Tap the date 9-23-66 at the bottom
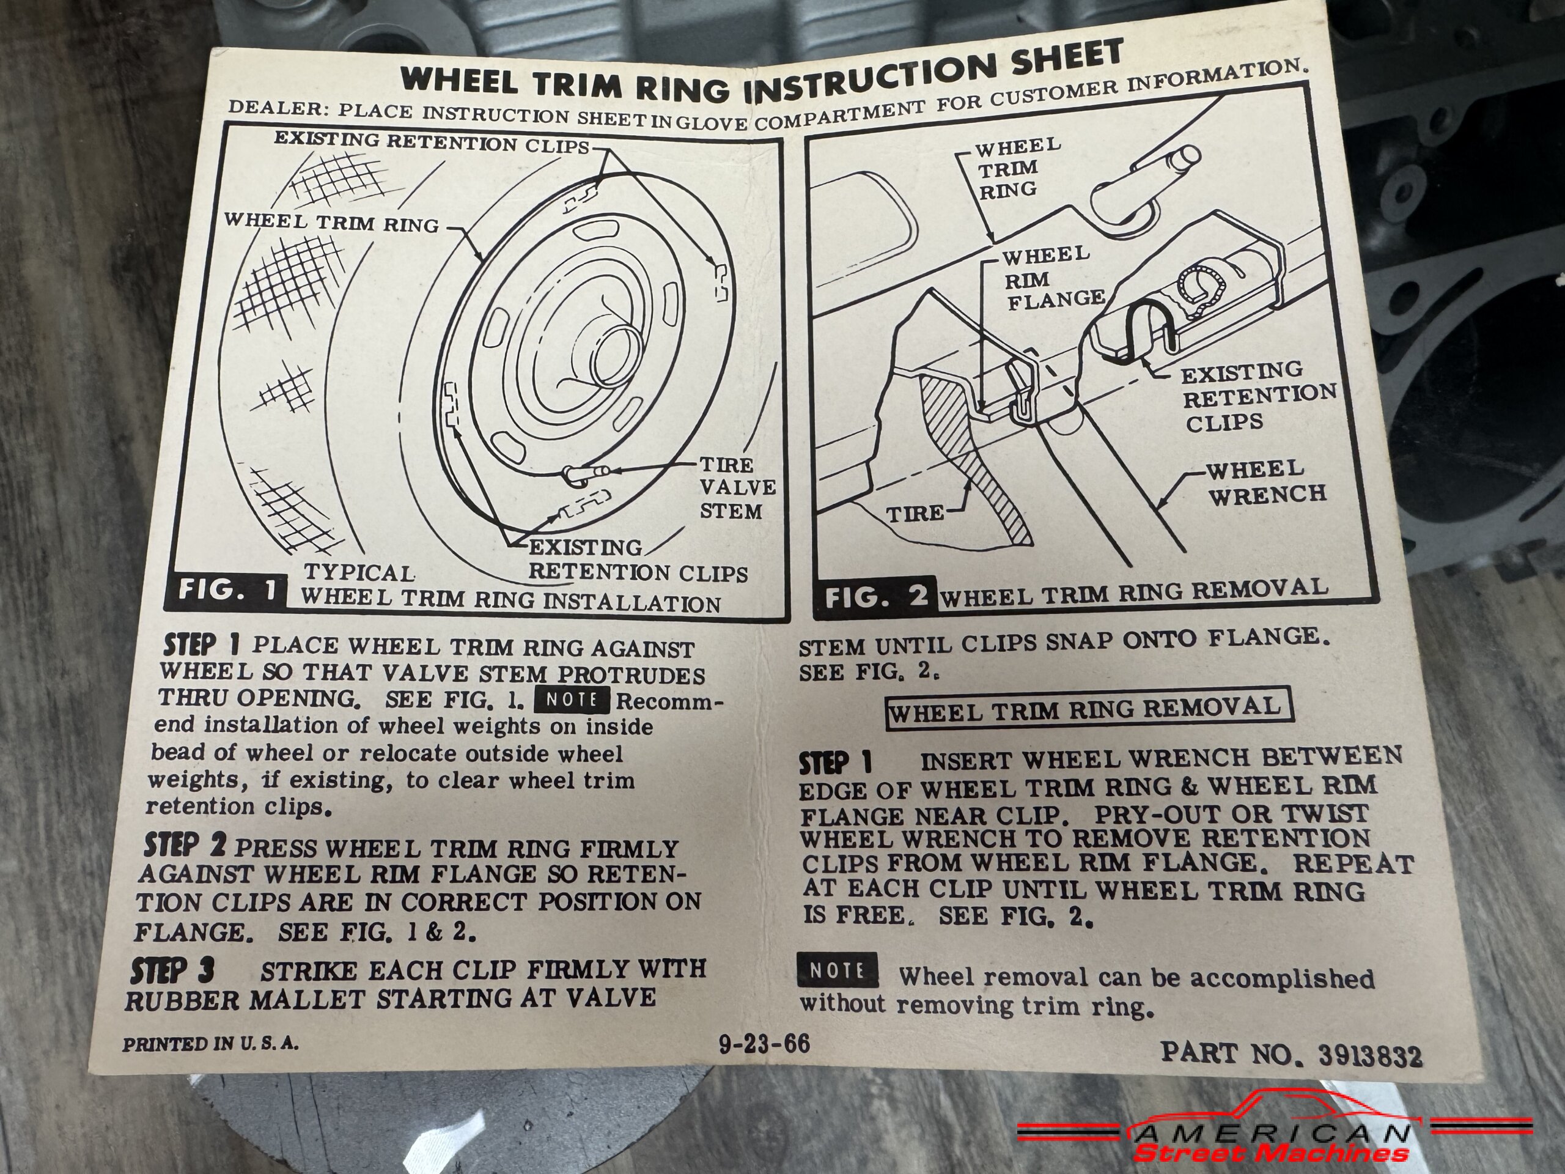(x=764, y=1044)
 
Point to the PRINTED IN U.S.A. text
(x=210, y=1044)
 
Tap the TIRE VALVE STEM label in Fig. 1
(x=737, y=487)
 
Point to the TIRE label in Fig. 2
(x=915, y=513)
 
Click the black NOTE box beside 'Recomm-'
(x=573, y=700)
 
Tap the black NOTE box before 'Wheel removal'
(x=837, y=970)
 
